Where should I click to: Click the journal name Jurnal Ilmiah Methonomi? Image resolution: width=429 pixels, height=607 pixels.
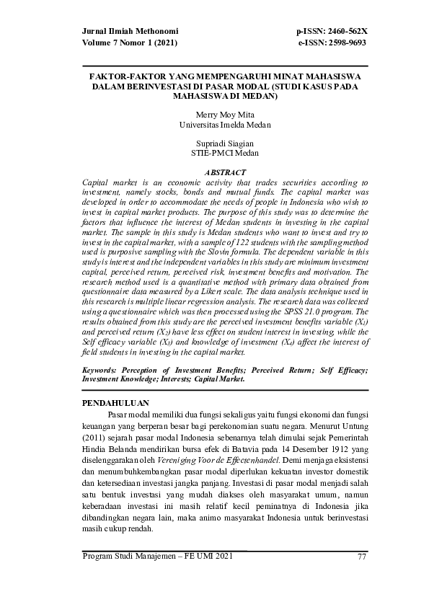130,32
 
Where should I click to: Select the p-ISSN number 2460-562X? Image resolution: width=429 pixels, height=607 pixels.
342,32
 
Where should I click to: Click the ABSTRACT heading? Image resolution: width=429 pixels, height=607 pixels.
226,173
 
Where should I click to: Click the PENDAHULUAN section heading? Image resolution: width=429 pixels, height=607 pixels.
116,403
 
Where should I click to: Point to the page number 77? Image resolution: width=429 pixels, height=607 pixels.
363,555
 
